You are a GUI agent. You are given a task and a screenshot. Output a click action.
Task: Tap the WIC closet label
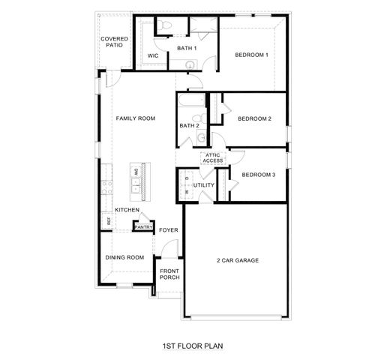pos(153,55)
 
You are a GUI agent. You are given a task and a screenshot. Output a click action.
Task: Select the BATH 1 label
pos(186,49)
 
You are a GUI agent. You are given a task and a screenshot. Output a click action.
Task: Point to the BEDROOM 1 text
pos(252,55)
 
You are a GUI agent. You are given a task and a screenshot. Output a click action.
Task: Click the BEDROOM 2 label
pos(254,118)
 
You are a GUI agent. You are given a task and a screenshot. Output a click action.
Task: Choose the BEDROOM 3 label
pos(258,174)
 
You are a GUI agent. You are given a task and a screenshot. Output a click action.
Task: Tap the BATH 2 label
pos(189,125)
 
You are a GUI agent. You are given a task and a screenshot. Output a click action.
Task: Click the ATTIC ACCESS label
pos(212,158)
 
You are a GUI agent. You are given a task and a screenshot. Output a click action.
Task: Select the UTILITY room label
pos(204,184)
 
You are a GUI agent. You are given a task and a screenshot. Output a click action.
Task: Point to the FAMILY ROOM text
pos(135,118)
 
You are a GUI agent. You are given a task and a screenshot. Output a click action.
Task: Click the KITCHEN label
pos(126,210)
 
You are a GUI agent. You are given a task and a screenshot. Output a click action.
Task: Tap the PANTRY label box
pos(144,227)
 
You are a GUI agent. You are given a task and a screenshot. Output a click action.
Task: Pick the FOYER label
pos(168,230)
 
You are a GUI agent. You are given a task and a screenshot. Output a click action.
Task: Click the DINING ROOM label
pos(124,257)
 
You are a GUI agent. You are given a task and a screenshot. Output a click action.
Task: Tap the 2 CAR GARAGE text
pos(238,260)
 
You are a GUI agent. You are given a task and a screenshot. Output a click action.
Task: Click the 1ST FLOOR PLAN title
pos(193,346)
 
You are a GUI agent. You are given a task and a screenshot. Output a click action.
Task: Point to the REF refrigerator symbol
pos(109,221)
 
